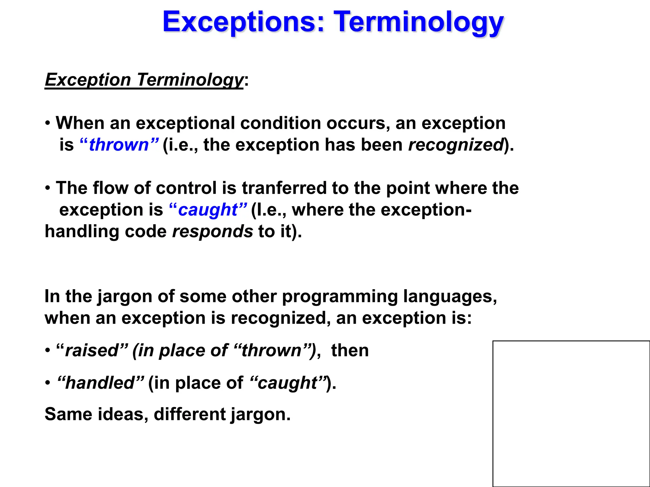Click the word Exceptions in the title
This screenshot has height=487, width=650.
pos(243,22)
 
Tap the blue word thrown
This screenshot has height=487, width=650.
pos(119,145)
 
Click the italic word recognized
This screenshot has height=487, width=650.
pos(456,145)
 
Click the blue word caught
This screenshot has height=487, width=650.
pos(208,210)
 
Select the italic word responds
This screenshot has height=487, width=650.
pos(212,231)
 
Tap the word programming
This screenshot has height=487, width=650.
pos(340,297)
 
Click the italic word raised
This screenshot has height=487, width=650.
pos(92,351)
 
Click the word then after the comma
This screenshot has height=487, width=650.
pos(350,351)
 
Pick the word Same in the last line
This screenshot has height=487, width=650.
pos(68,414)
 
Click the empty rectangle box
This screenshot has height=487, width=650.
pos(571,413)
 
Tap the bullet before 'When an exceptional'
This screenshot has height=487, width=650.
pos(48,123)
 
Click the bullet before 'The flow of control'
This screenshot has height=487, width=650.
pos(48,188)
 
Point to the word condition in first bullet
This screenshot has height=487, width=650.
pos(281,123)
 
